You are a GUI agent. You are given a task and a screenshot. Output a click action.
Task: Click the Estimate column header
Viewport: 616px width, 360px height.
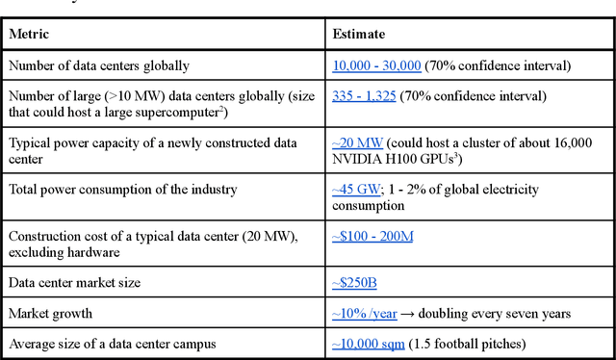[x=359, y=36]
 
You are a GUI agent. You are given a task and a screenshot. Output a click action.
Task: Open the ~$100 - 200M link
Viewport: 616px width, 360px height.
[x=372, y=237]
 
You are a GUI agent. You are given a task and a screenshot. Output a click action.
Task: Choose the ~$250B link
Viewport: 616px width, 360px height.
[x=356, y=283]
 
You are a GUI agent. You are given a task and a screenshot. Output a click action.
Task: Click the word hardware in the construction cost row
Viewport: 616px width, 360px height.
[x=97, y=252]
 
